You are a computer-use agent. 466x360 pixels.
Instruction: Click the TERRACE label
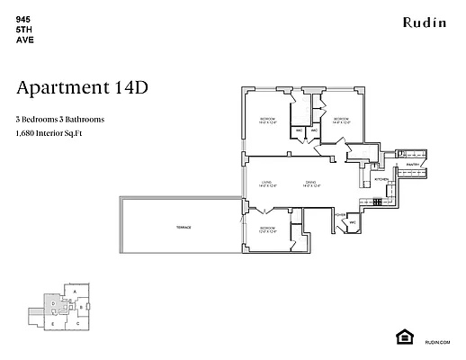point(184,227)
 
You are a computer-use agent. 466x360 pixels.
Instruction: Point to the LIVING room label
point(267,183)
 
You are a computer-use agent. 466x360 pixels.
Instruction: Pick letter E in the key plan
point(53,322)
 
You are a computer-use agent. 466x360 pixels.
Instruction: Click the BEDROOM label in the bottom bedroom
point(267,228)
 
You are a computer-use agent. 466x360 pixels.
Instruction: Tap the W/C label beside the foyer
point(354,221)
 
